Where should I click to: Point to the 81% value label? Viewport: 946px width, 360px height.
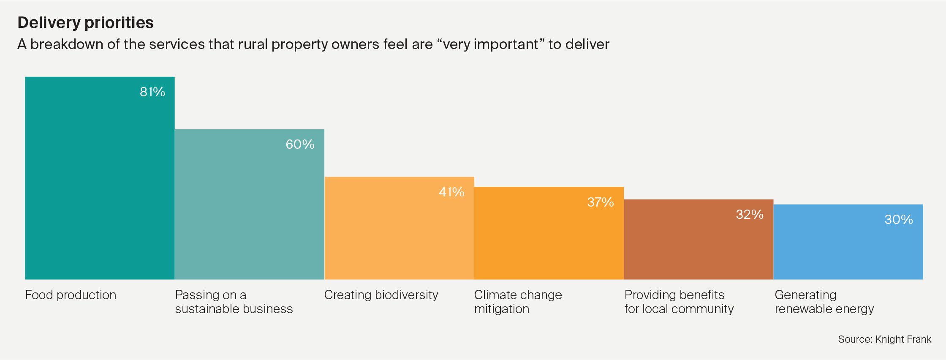(152, 92)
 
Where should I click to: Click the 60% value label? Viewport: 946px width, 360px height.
(300, 145)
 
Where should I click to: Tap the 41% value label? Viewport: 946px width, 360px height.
(451, 192)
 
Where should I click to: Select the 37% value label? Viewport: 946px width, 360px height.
(601, 202)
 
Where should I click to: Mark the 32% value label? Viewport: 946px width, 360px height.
(750, 215)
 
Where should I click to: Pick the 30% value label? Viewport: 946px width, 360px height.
(899, 220)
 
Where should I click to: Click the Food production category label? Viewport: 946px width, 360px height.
(71, 295)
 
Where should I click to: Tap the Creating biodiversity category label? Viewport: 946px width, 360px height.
(381, 295)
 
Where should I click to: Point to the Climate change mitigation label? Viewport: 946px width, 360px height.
(518, 302)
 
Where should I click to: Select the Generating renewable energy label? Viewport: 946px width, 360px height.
(824, 302)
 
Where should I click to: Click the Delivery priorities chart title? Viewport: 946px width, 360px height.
(85, 22)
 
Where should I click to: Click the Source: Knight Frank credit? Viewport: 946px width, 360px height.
(884, 339)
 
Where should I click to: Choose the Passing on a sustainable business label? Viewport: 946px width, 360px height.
(234, 302)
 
